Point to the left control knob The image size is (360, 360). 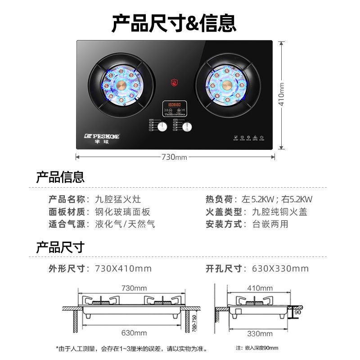(162, 127)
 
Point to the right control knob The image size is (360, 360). (187, 127)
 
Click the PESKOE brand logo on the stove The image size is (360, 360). (102, 136)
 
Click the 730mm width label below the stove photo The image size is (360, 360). (174, 157)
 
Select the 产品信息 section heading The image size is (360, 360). (60, 177)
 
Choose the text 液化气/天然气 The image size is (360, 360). (125, 224)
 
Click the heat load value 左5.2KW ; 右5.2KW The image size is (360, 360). (283, 199)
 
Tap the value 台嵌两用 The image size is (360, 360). (270, 224)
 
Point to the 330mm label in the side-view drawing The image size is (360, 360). (260, 333)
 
